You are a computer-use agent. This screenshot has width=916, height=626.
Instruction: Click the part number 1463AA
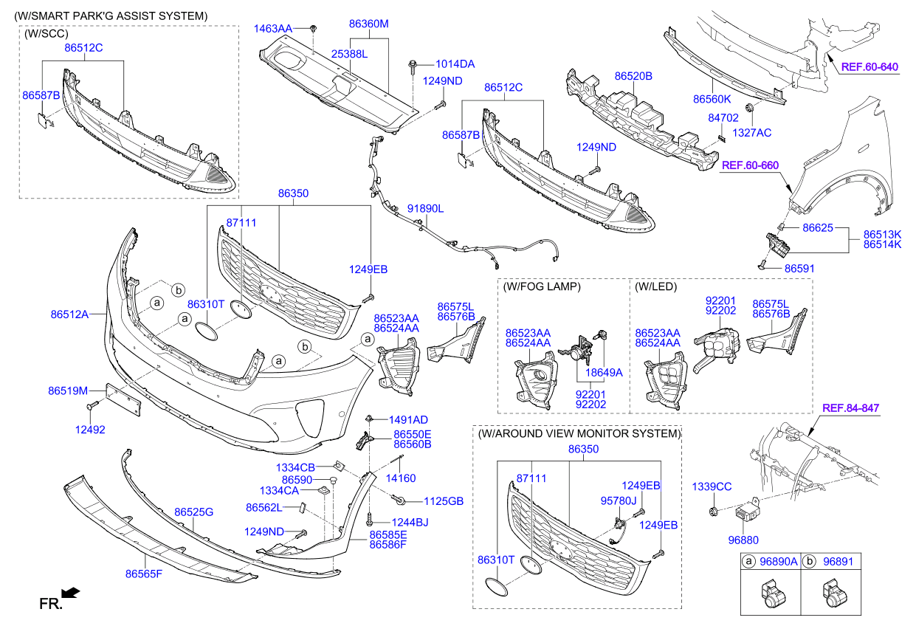[x=273, y=28]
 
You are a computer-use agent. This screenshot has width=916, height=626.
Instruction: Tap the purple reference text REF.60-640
[x=869, y=67]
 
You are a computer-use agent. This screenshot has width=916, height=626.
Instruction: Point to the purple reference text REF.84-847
[x=850, y=408]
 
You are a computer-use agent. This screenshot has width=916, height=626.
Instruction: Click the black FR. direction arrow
[x=71, y=592]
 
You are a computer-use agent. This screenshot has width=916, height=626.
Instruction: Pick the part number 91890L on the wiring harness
[x=425, y=209]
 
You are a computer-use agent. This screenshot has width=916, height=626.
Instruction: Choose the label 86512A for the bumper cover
[x=69, y=314]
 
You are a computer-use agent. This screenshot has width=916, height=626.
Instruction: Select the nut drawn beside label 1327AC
[x=750, y=111]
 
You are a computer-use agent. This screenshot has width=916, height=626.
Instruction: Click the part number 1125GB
[x=444, y=501]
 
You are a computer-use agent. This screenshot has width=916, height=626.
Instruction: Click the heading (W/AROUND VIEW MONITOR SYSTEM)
[x=578, y=434]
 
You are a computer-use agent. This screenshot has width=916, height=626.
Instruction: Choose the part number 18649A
[x=603, y=373]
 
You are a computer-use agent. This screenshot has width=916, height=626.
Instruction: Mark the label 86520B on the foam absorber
[x=633, y=75]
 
